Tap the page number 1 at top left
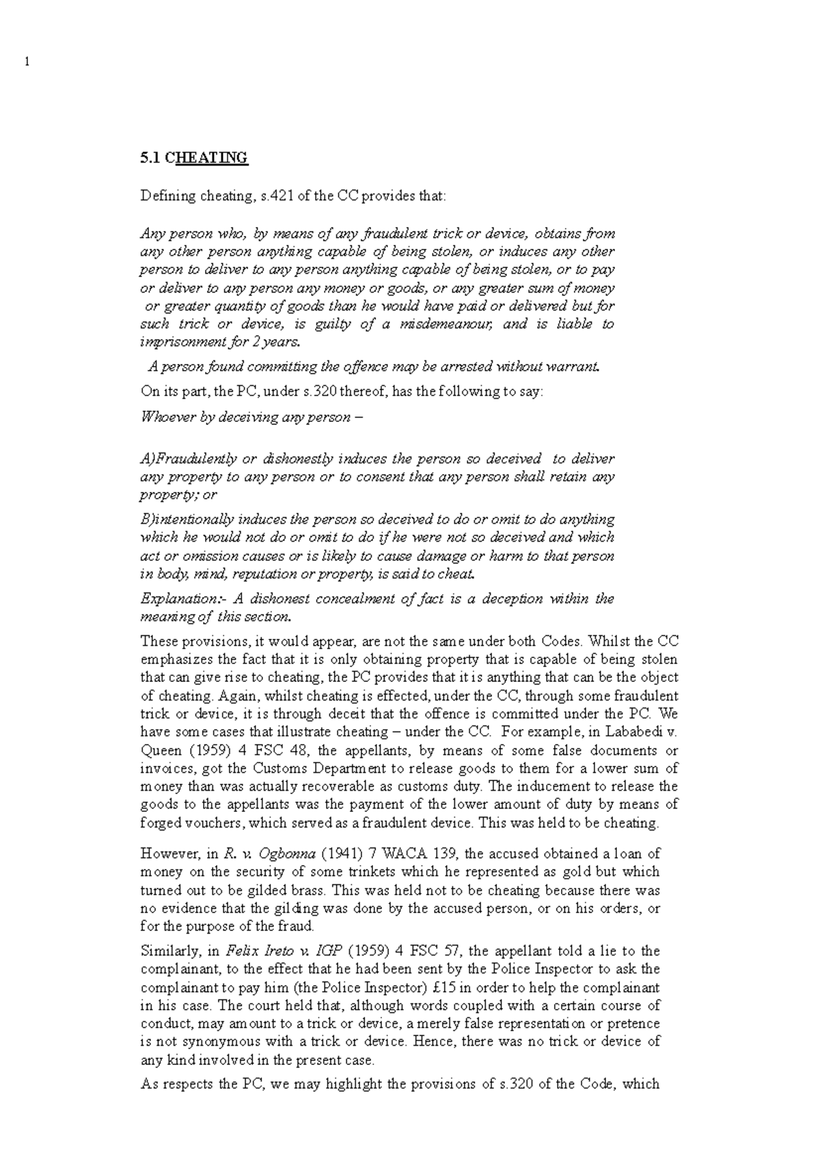(x=27, y=62)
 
